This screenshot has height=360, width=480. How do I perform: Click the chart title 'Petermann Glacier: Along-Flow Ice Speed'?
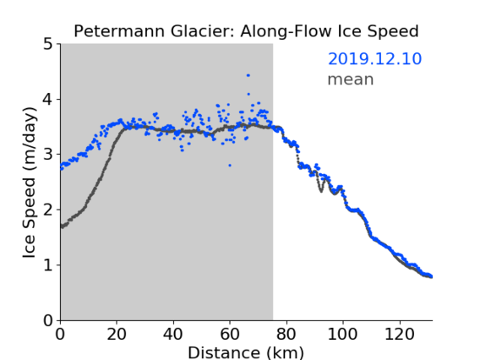pyautogui.click(x=246, y=31)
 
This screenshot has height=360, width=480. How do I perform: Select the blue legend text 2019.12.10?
pyautogui.click(x=374, y=58)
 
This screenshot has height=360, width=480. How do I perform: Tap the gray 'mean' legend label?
pyautogui.click(x=351, y=79)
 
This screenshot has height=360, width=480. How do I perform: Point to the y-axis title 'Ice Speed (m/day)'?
pyautogui.click(x=30, y=183)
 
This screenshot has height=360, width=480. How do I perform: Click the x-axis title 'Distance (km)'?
pyautogui.click(x=246, y=352)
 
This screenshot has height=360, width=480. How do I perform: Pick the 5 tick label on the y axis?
pyautogui.click(x=48, y=44)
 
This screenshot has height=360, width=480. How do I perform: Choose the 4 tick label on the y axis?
pyautogui.click(x=48, y=99)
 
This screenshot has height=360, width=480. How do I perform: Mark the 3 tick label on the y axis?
pyautogui.click(x=48, y=155)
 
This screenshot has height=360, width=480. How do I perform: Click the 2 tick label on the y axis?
pyautogui.click(x=48, y=210)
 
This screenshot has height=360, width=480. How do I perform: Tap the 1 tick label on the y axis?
pyautogui.click(x=48, y=265)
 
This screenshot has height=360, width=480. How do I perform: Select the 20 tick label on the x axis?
pyautogui.click(x=117, y=334)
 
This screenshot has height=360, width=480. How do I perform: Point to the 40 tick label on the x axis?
pyautogui.click(x=173, y=334)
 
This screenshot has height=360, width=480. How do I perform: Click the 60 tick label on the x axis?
pyautogui.click(x=230, y=334)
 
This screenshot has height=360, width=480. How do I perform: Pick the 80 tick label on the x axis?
pyautogui.click(x=286, y=334)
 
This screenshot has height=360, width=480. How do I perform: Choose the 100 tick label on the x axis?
pyautogui.click(x=342, y=334)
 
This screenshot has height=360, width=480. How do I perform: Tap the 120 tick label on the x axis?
pyautogui.click(x=400, y=334)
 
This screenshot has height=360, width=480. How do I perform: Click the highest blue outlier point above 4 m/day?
pyautogui.click(x=248, y=75)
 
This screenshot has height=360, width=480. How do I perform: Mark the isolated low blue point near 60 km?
pyautogui.click(x=230, y=166)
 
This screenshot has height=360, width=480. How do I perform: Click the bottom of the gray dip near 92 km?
pyautogui.click(x=321, y=191)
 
